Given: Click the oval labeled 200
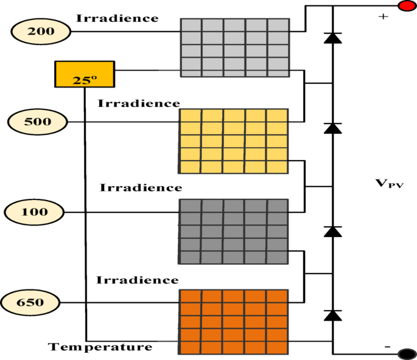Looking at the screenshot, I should click(x=40, y=31).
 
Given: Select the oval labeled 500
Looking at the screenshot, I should click(x=37, y=122).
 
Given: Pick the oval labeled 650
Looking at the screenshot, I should click(x=30, y=302).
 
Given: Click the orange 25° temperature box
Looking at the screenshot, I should click(x=84, y=74).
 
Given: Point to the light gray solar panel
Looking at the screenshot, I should click(x=234, y=47).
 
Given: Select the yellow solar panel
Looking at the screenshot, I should click(x=234, y=141).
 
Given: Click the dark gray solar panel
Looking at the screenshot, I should click(x=233, y=230).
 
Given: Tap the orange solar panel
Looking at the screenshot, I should click(x=233, y=321).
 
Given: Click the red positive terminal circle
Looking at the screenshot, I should click(x=406, y=6).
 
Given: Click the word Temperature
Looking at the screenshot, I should click(x=100, y=347).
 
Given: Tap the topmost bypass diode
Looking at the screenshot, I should click(x=332, y=38).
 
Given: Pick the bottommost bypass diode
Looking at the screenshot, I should click(x=332, y=314).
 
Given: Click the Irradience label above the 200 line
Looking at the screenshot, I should click(x=117, y=18).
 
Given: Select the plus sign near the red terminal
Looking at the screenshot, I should click(x=383, y=16).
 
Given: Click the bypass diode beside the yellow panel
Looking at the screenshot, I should click(x=332, y=128).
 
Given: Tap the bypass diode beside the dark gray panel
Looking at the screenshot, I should click(x=332, y=231).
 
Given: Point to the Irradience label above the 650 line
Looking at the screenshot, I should click(x=138, y=280).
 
